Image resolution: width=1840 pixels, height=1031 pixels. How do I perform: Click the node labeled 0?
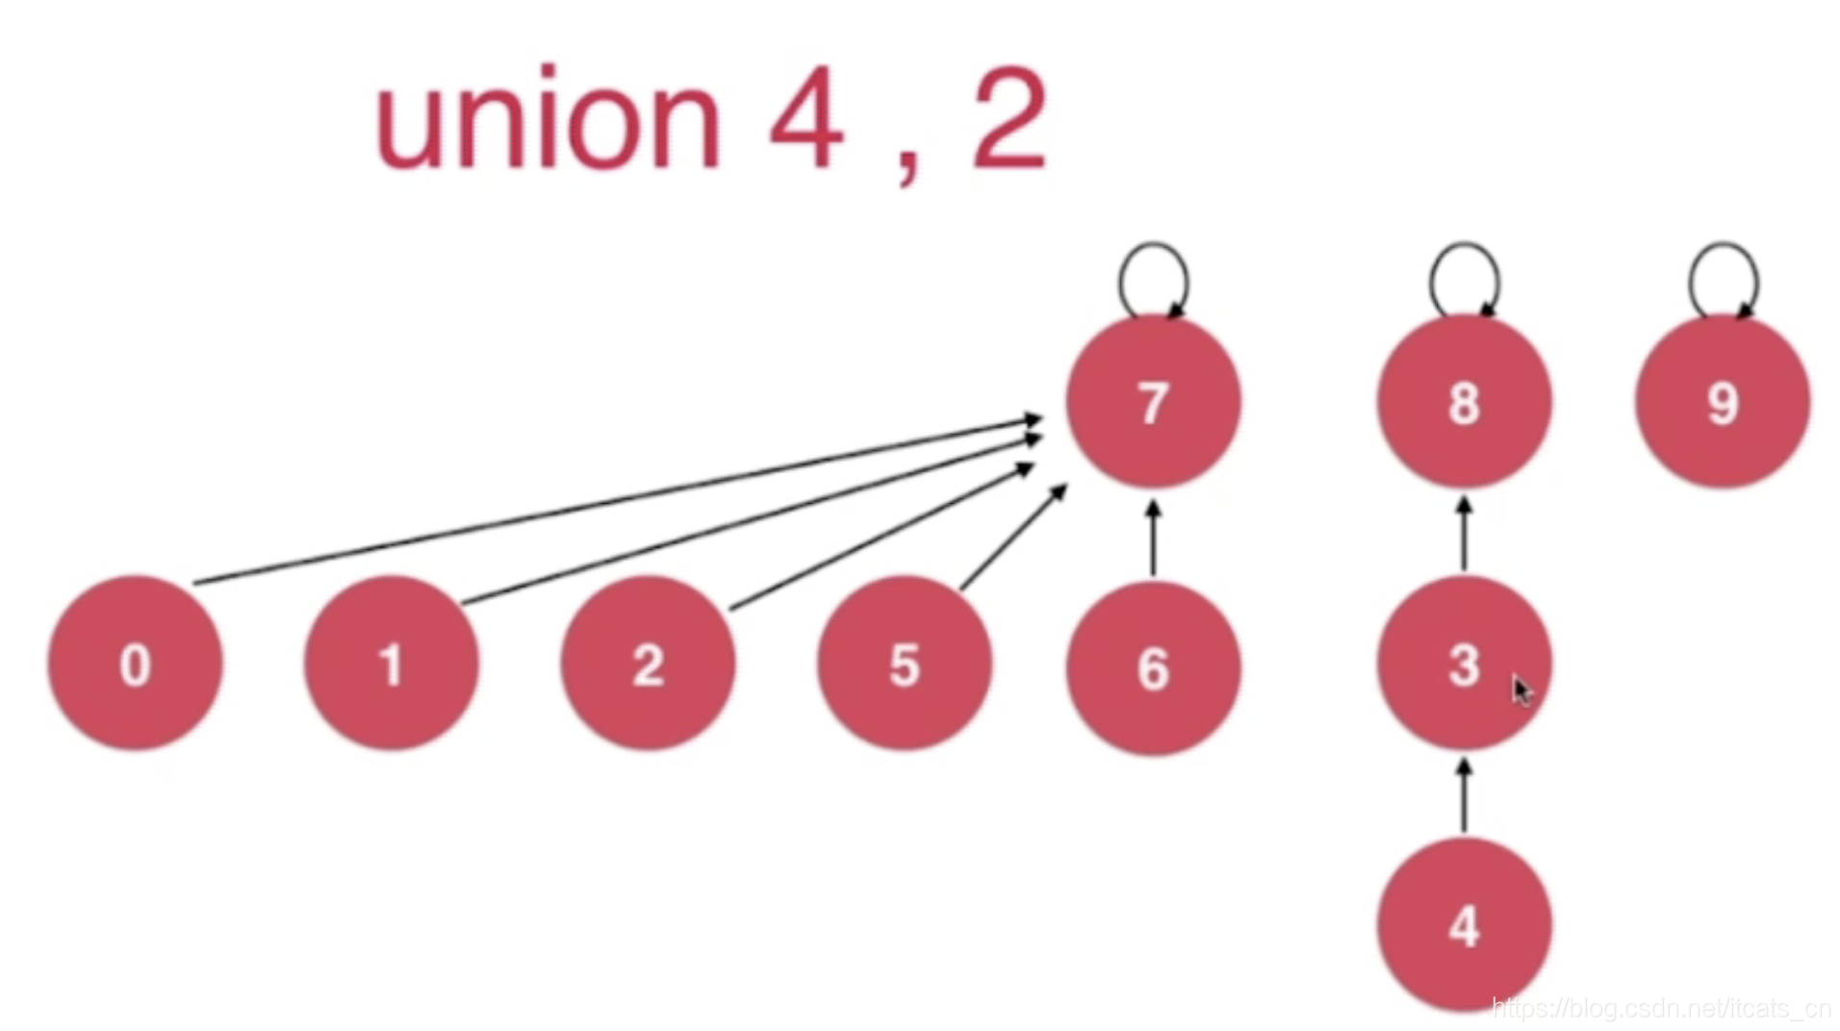coord(135,664)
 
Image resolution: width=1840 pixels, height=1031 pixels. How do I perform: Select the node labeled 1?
coord(391,664)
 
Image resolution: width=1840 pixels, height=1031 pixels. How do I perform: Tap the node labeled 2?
coord(648,664)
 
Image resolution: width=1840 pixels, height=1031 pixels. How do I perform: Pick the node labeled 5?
coord(904,664)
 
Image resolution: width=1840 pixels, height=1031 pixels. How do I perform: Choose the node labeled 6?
coord(1153,667)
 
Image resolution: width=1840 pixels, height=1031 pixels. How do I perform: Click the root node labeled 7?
coord(1153,402)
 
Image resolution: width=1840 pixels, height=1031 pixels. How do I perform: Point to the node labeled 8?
coord(1464,402)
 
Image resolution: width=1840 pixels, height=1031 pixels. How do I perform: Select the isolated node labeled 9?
coord(1723,402)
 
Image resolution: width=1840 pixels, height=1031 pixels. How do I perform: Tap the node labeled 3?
coord(1464,664)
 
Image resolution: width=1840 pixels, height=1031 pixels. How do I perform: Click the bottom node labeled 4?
coord(1464,925)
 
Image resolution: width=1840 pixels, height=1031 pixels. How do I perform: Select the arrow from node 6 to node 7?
coord(1153,539)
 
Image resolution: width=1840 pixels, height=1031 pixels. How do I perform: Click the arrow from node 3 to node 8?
coord(1464,535)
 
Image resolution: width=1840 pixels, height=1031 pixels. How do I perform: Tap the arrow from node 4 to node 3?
coord(1464,796)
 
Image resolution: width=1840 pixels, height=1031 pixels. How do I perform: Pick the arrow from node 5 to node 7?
coord(1013,537)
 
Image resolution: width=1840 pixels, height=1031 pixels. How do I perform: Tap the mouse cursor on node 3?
coord(1521,691)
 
